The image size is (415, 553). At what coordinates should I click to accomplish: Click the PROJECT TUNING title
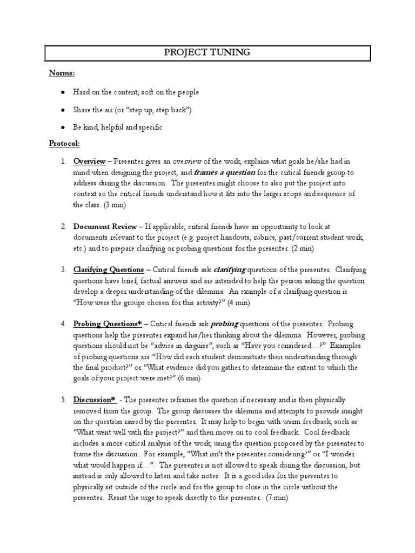pos(207,53)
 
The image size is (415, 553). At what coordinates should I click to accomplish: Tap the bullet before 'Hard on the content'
pos(64,92)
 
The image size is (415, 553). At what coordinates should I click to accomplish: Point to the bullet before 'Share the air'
pos(64,110)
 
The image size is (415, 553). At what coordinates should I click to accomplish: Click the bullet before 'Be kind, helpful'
pos(64,127)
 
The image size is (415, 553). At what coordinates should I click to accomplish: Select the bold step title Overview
pos(90,161)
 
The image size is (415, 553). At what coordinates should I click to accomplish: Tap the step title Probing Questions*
pos(108,323)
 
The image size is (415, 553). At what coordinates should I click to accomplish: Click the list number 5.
pos(63,400)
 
